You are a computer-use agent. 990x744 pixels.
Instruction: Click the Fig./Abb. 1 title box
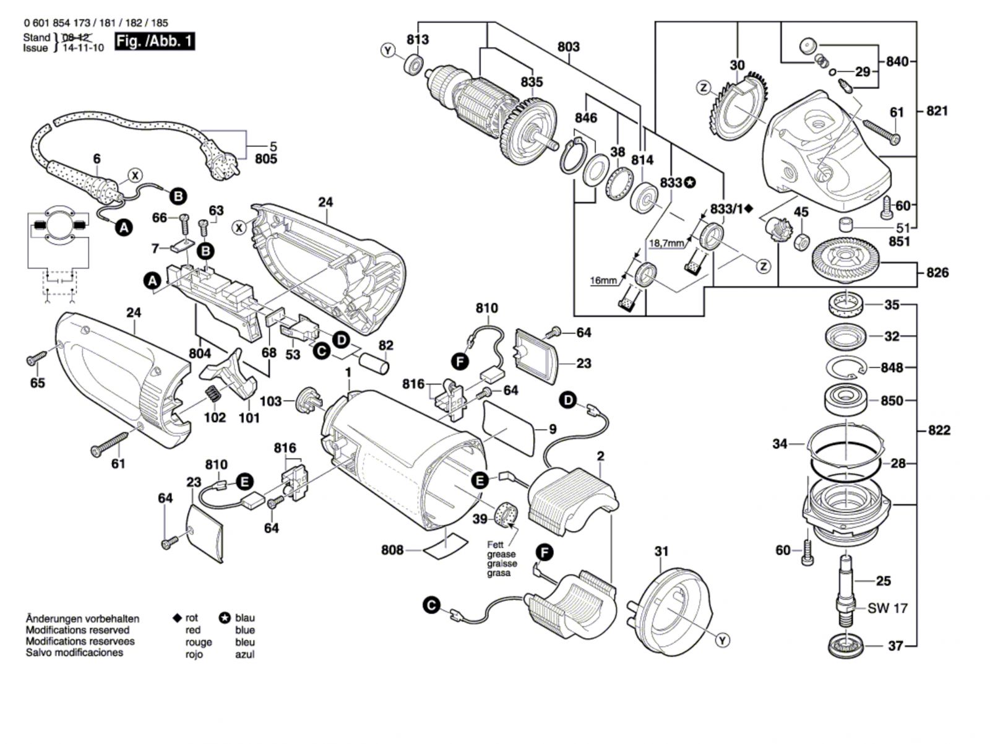[155, 42]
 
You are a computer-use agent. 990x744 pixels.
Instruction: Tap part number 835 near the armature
[532, 82]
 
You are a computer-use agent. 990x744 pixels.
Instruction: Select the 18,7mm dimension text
[666, 243]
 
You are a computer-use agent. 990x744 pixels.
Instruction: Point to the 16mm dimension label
[603, 280]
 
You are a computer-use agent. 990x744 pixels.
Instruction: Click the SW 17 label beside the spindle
[887, 608]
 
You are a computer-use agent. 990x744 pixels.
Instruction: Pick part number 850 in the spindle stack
[892, 401]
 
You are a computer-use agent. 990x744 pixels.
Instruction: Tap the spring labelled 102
[212, 393]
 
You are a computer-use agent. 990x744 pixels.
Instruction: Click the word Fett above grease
[496, 545]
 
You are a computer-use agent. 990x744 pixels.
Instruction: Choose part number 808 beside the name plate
[392, 550]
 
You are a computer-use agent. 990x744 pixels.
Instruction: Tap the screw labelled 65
[36, 358]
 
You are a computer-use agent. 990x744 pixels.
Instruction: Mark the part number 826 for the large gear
[937, 272]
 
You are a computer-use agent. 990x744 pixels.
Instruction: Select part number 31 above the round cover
[661, 551]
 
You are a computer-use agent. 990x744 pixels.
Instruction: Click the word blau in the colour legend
[245, 618]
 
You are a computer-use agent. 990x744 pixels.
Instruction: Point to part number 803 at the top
[568, 46]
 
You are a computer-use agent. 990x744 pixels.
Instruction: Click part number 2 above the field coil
[600, 457]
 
